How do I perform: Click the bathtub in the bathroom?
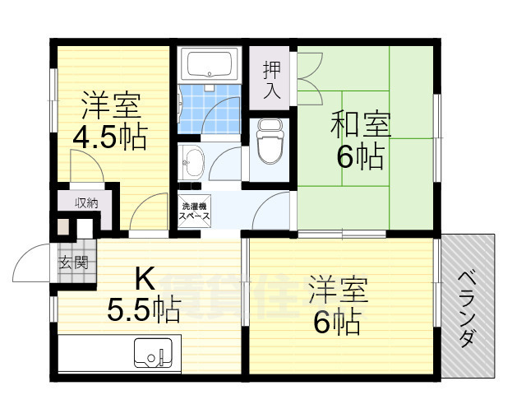pos(208,64)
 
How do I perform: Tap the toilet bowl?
pos(269,143)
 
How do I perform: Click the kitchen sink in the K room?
pos(154,354)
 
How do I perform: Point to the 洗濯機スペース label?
pos(195,211)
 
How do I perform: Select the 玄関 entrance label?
pos(71,263)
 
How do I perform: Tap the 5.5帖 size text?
pos(144,309)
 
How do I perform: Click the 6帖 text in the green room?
pos(360,156)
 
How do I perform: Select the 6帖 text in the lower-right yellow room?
pos(336,323)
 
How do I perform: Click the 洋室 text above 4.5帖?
pos(111,106)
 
